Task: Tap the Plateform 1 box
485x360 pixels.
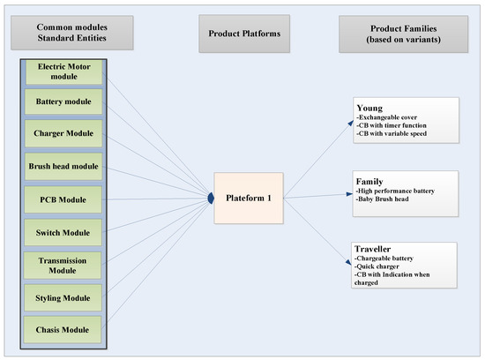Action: (248, 197)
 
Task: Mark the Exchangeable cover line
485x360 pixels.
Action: (396, 115)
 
